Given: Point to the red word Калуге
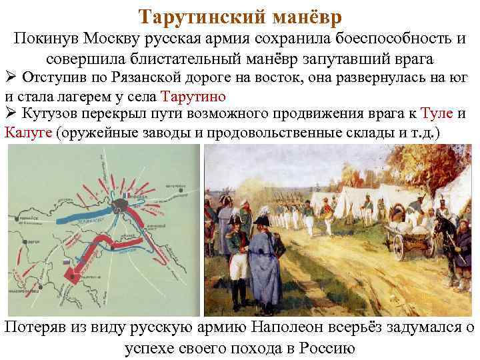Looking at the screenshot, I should (29, 133).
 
